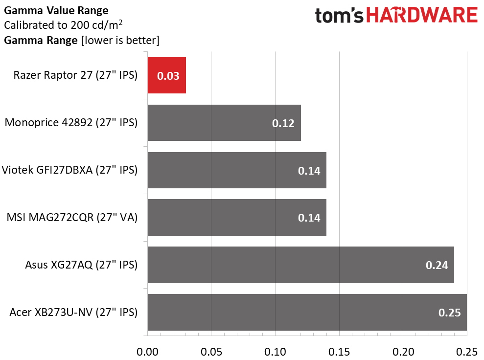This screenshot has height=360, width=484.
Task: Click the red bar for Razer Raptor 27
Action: [x=166, y=75]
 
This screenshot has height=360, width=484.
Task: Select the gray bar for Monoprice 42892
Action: [x=224, y=123]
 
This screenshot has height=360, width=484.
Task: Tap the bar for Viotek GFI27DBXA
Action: [x=236, y=170]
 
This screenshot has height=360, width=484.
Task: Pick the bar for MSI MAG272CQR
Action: [x=236, y=217]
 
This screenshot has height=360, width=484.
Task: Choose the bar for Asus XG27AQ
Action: [x=300, y=265]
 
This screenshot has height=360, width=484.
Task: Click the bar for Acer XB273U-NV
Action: [x=307, y=312]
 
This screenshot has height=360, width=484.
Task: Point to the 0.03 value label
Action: [x=168, y=76]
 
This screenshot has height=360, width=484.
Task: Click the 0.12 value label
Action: [x=283, y=123]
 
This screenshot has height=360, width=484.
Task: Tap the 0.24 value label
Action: [x=437, y=265]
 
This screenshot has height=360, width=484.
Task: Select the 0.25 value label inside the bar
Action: [x=449, y=313]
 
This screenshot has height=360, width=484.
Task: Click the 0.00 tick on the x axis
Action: [x=147, y=351]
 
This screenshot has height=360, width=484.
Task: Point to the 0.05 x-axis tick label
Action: [x=211, y=351]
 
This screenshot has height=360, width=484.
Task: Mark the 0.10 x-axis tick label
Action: [x=275, y=351]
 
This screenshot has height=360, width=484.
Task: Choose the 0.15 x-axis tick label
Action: [x=339, y=351]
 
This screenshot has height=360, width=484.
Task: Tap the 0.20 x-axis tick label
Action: [x=403, y=351]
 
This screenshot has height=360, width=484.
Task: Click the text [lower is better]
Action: [x=120, y=40]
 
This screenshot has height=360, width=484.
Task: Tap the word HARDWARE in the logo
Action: [x=423, y=16]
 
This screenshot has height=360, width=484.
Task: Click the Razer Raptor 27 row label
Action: [x=75, y=75]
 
